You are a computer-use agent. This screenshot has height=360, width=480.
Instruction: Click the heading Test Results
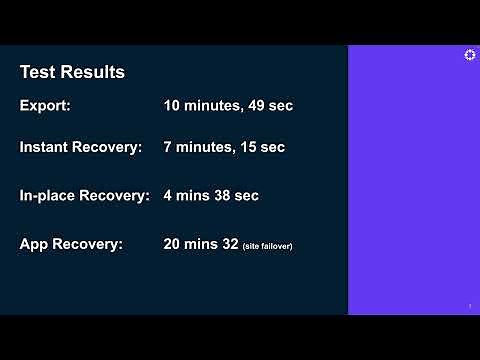72,73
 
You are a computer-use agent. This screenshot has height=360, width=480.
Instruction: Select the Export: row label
46,105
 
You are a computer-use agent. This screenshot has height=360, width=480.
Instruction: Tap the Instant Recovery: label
81,147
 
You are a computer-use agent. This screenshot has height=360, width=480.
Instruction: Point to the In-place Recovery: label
85,195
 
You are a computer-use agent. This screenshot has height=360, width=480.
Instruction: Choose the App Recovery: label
71,243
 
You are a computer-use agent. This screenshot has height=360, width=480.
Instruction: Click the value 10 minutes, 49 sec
228,105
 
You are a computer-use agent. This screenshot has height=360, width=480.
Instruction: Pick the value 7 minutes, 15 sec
224,147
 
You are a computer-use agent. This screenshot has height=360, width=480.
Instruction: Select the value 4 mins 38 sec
211,195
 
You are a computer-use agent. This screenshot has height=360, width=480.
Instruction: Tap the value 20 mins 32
200,243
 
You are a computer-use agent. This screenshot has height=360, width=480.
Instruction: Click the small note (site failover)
267,245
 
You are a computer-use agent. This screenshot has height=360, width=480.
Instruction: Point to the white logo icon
470,56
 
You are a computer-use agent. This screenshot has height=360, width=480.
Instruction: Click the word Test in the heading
37,73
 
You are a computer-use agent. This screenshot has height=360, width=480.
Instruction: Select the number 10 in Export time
172,105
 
